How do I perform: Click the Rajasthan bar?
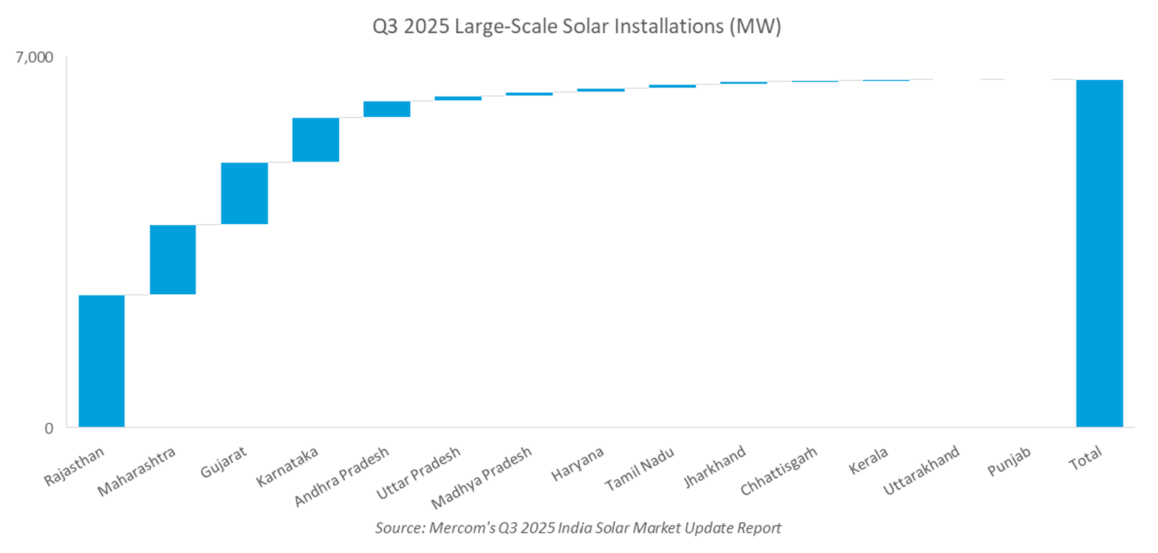click(x=101, y=360)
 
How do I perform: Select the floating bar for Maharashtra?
click(x=172, y=260)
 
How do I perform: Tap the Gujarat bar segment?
click(x=244, y=193)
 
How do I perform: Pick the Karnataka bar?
click(x=315, y=140)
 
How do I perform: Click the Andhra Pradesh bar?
click(x=387, y=109)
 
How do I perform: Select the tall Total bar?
click(x=1099, y=252)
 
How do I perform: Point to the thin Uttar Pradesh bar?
click(x=457, y=98)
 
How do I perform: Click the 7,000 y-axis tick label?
click(x=35, y=58)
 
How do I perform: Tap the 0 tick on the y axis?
click(x=48, y=428)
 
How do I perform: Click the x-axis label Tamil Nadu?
click(x=640, y=469)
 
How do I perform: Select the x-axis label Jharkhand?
click(x=714, y=466)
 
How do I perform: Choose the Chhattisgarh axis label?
click(x=778, y=471)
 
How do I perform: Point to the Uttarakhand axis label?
click(x=921, y=470)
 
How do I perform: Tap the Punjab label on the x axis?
click(x=1009, y=461)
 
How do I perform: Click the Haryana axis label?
click(x=577, y=464)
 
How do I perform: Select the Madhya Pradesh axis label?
click(x=481, y=477)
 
